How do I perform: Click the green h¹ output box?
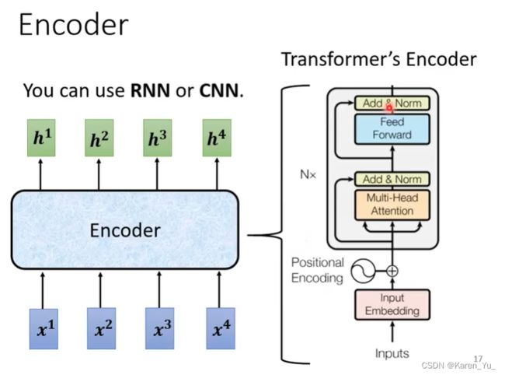[x=41, y=138]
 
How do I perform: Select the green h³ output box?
[x=158, y=138]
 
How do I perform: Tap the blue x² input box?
[x=102, y=328]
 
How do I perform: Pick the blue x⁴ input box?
[x=221, y=328]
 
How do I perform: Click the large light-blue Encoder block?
[x=125, y=230]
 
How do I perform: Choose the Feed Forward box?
[x=392, y=128]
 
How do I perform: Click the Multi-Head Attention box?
[x=392, y=205]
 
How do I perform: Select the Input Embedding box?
[x=392, y=305]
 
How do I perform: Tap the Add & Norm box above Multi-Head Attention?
[x=392, y=179]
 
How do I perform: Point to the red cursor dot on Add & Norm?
[x=389, y=108]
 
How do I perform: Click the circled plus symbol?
[x=392, y=271]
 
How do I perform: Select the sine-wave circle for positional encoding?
[x=363, y=272]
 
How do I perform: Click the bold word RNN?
[x=150, y=90]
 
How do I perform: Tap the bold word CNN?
[x=219, y=90]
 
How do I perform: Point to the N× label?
[x=308, y=175]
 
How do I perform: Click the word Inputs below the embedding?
[x=392, y=353]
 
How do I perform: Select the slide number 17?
[x=479, y=359]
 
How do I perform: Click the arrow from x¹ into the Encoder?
[x=43, y=290]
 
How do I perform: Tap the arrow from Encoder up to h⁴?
[x=217, y=173]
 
